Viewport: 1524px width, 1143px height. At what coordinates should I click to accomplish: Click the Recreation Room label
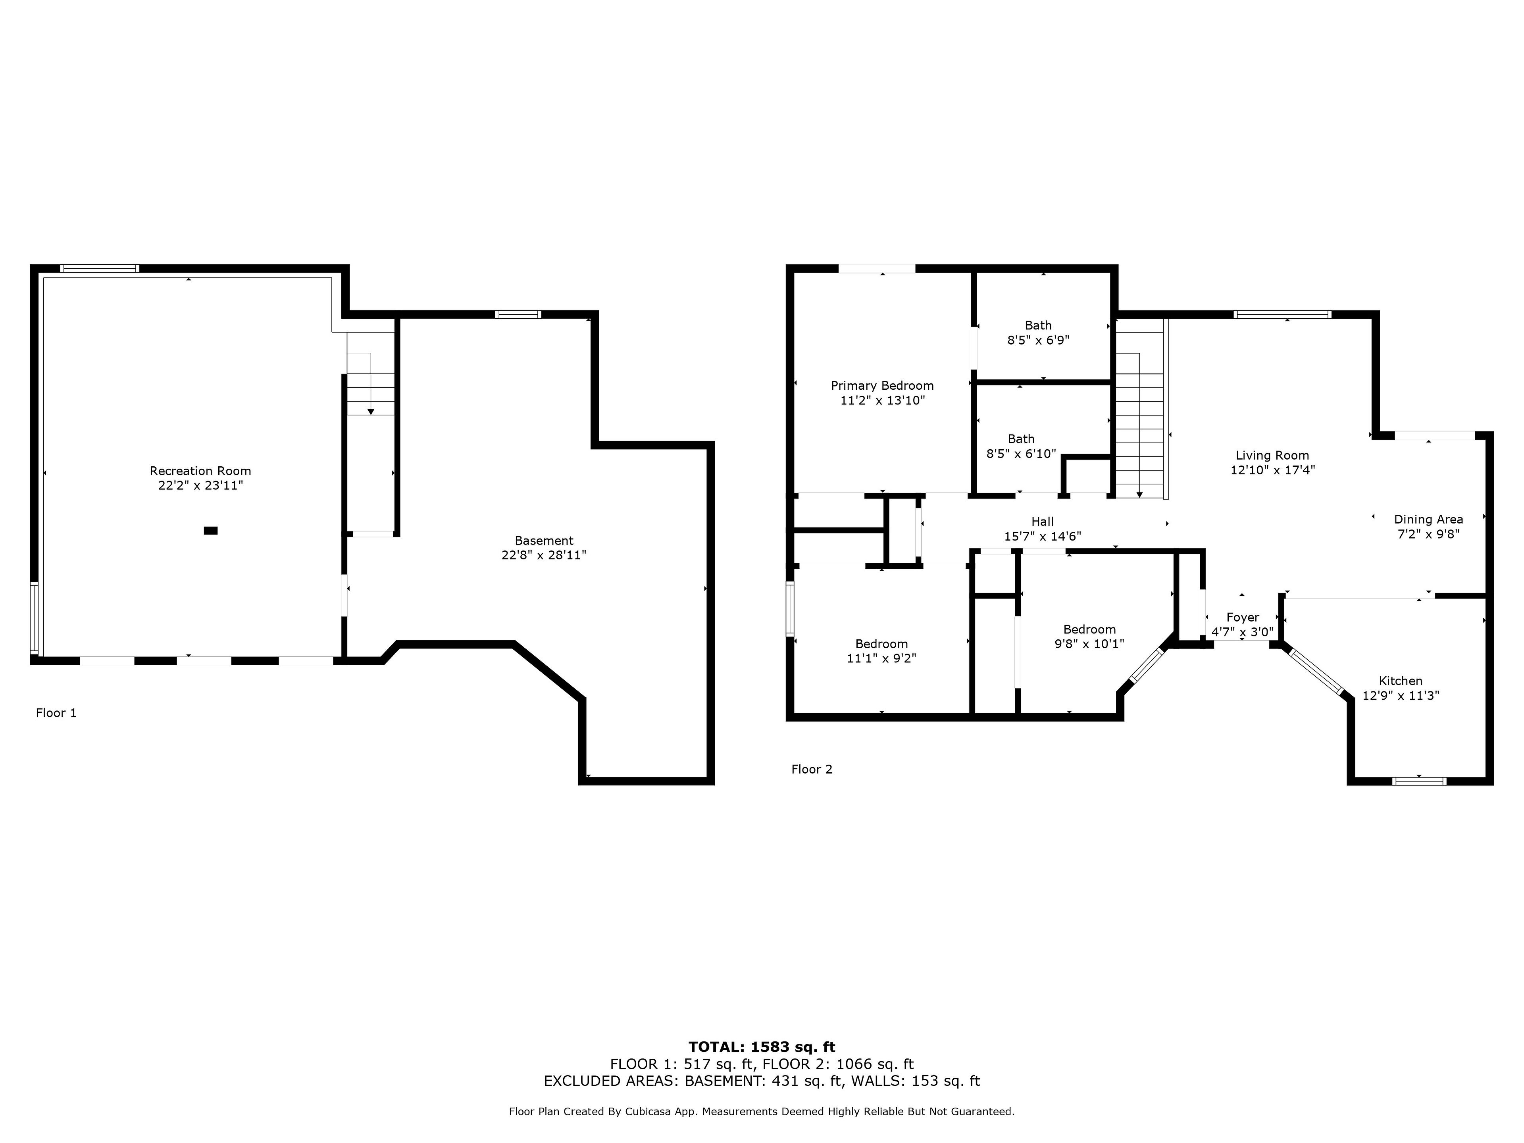click(200, 471)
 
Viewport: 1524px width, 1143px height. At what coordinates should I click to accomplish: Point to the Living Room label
click(1272, 455)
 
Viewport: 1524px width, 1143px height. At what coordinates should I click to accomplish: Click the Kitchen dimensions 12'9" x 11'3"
click(1401, 696)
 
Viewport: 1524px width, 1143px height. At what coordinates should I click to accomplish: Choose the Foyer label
click(1243, 617)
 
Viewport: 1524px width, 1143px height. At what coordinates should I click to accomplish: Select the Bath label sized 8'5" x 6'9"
click(1038, 325)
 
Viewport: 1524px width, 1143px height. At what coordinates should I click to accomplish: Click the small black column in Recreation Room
click(211, 531)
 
